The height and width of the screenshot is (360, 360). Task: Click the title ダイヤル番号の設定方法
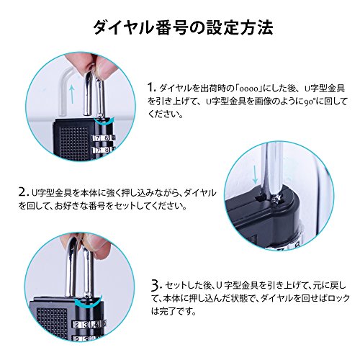pos(183,28)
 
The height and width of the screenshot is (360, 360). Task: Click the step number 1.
pos(150,87)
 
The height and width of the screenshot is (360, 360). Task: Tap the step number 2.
pos(24,192)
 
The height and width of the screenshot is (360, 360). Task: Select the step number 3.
pos(156,285)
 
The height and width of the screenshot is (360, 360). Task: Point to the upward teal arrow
pos(72,94)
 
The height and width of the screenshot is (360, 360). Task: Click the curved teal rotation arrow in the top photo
pos(104,122)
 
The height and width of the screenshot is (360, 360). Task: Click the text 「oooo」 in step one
pos(248,89)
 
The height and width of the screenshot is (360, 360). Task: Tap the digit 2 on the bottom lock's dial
pos(77,325)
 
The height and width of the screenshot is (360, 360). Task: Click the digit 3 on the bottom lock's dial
pos(86,325)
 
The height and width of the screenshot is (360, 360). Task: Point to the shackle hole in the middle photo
pos(258,198)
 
